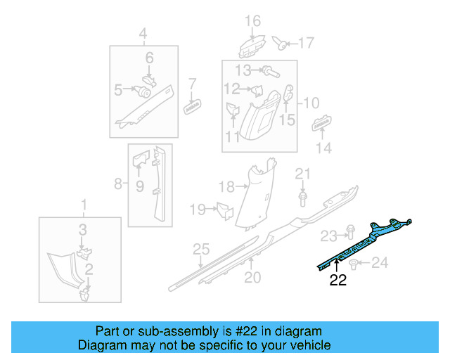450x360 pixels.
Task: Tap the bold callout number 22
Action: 338,281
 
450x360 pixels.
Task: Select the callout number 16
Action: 252,20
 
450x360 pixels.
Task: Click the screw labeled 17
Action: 282,44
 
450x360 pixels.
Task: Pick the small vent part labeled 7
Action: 192,108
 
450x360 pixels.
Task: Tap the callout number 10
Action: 310,103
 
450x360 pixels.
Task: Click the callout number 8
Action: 117,185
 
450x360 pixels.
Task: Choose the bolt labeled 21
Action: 302,198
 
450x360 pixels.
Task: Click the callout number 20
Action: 252,277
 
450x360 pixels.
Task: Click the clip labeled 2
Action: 84,292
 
